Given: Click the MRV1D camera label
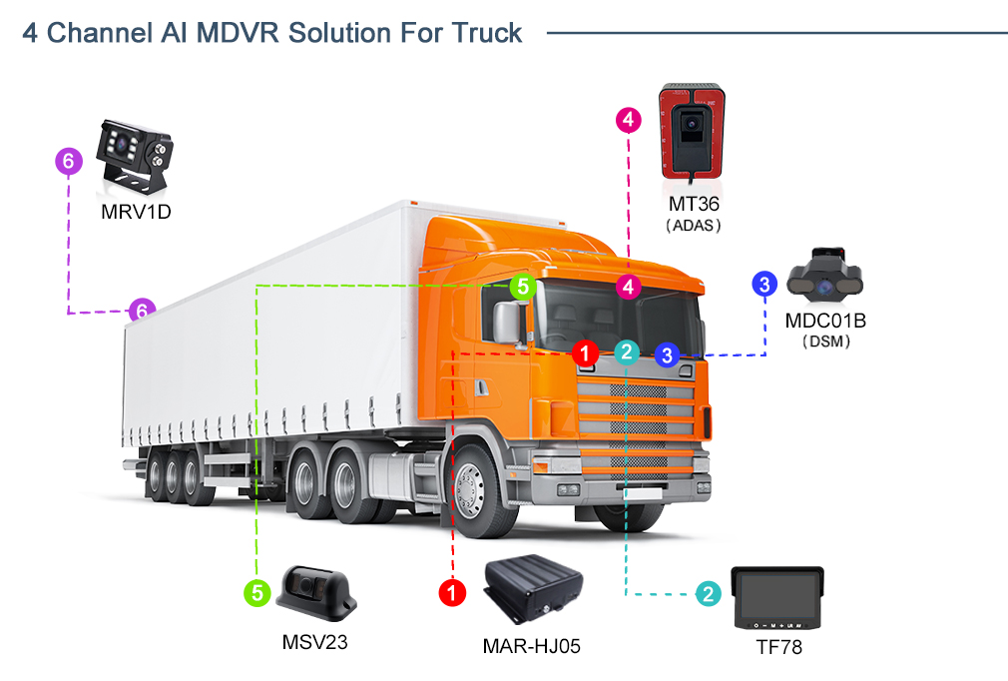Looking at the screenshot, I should pos(136,212).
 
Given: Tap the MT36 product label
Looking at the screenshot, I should pos(694,204).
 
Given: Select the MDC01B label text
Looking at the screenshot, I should pos(824,321).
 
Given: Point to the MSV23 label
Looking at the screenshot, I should pos(314,641).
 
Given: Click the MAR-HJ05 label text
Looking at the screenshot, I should pos(531,646).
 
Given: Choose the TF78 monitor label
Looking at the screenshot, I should pos(778,648).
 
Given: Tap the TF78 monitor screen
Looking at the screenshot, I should pos(778,595).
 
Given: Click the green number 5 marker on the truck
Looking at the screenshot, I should pos(523,288).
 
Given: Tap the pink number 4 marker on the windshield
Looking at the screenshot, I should pos(628,287).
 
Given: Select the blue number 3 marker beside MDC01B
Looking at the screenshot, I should pos(764,284).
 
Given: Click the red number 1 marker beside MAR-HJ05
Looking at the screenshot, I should pos(453,593).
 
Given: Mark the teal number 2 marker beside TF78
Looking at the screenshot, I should pos(708,594).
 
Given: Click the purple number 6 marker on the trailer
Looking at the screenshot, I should pos(142,311).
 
